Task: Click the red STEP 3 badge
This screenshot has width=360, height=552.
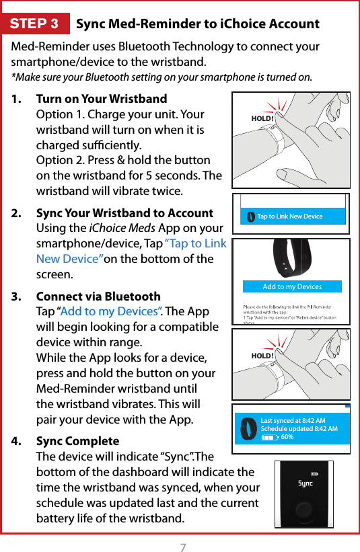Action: point(34,24)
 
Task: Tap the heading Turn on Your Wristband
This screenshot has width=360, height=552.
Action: point(101,99)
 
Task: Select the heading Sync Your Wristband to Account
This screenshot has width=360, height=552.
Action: point(124,213)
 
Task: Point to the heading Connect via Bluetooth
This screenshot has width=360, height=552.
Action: point(98,297)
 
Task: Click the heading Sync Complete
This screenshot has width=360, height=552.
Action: point(77,441)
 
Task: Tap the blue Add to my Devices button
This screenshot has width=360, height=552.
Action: point(292,286)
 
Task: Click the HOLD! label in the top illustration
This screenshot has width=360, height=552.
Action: point(262,119)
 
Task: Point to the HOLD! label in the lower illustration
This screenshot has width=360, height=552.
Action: point(262,356)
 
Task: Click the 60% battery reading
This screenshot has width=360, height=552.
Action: point(287,437)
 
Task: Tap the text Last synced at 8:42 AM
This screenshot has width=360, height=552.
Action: point(293,421)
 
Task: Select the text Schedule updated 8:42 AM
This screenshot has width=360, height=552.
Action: point(299,429)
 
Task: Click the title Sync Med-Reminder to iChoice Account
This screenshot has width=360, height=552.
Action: point(198,24)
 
